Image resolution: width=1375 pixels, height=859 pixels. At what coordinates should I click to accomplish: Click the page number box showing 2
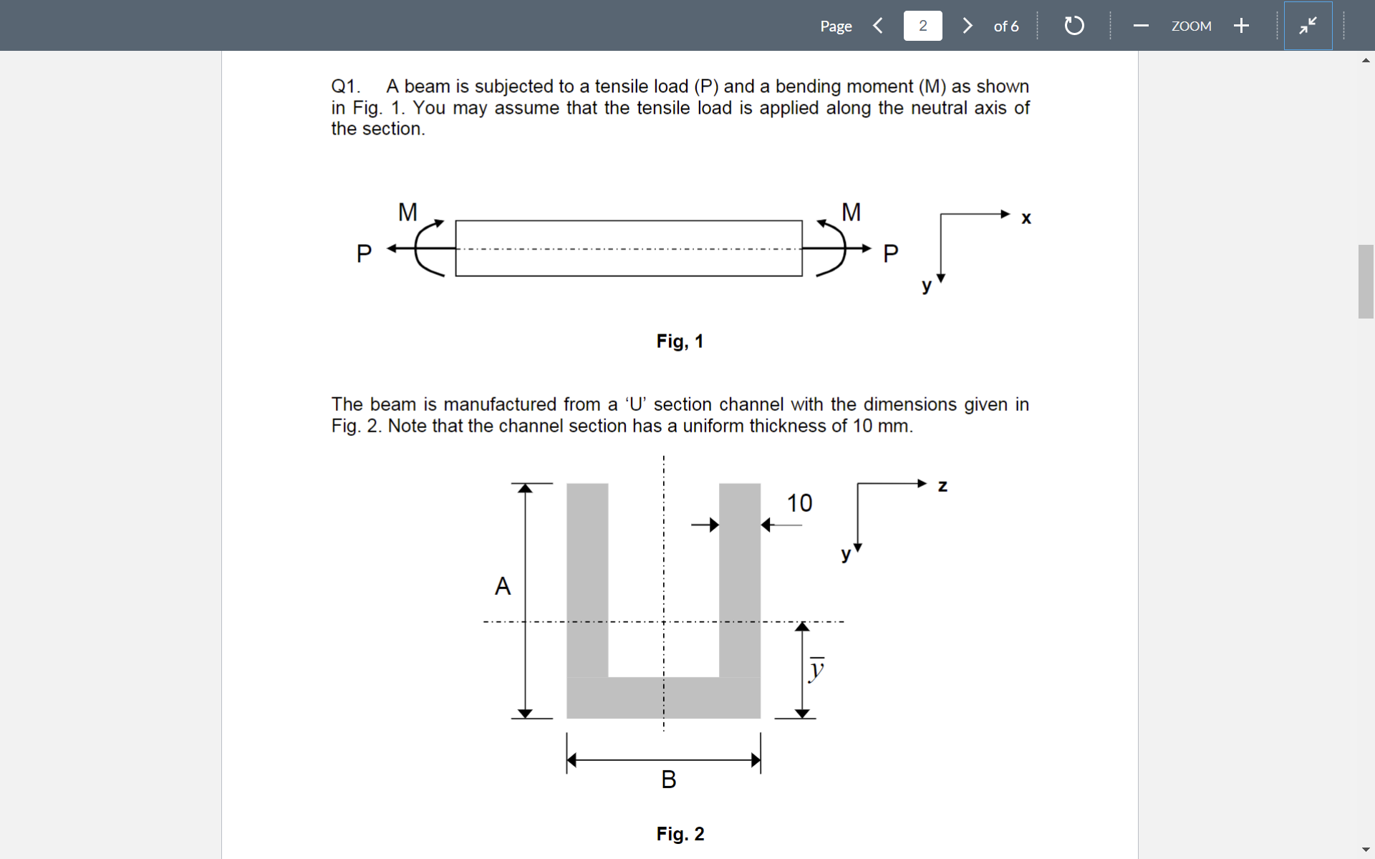point(922,26)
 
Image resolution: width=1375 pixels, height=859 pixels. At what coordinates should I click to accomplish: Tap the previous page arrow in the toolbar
point(878,26)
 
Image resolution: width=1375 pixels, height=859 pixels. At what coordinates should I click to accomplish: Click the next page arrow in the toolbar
point(968,26)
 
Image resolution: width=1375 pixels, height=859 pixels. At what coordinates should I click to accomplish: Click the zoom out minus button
point(1141,26)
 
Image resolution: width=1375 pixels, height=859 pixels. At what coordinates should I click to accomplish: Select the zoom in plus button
point(1241,26)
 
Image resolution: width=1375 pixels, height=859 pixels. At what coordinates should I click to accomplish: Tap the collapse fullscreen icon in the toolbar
point(1308,26)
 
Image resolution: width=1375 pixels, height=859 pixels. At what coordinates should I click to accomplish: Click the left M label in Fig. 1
point(407,212)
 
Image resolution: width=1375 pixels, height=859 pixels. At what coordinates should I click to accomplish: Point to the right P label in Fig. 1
point(890,253)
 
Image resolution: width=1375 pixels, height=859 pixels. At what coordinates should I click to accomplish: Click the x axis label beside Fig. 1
point(1026,218)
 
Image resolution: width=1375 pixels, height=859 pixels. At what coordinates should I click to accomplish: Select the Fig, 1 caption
point(680,341)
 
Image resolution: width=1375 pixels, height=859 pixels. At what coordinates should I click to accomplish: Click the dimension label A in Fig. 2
point(503,586)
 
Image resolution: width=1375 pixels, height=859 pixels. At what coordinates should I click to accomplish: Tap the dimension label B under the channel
point(668,779)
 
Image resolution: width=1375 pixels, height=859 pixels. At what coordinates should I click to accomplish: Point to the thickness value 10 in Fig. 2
point(799,503)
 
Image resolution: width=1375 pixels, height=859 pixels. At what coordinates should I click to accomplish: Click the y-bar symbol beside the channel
point(816,669)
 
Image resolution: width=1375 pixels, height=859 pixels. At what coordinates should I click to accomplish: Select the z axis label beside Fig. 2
point(942,486)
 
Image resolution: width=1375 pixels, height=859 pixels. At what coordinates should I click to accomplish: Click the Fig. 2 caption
point(680,834)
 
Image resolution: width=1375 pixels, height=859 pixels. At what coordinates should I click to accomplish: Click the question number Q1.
point(345,87)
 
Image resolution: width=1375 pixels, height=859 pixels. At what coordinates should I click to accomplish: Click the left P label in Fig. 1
point(364,253)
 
